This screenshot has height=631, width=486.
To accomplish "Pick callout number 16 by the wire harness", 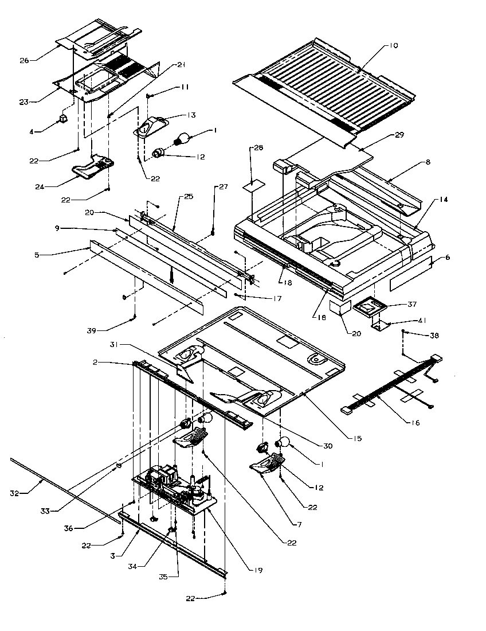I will [414, 423].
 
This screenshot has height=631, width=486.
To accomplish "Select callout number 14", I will [444, 199].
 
